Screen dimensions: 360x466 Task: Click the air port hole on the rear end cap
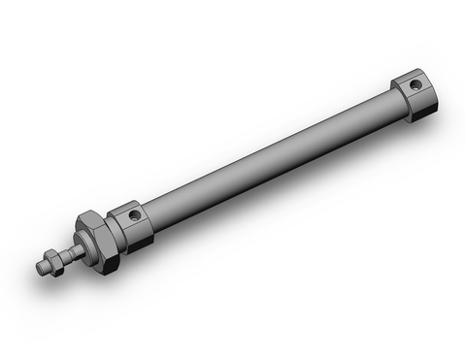pos(415,85)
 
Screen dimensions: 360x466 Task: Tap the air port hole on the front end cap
pos(134,214)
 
